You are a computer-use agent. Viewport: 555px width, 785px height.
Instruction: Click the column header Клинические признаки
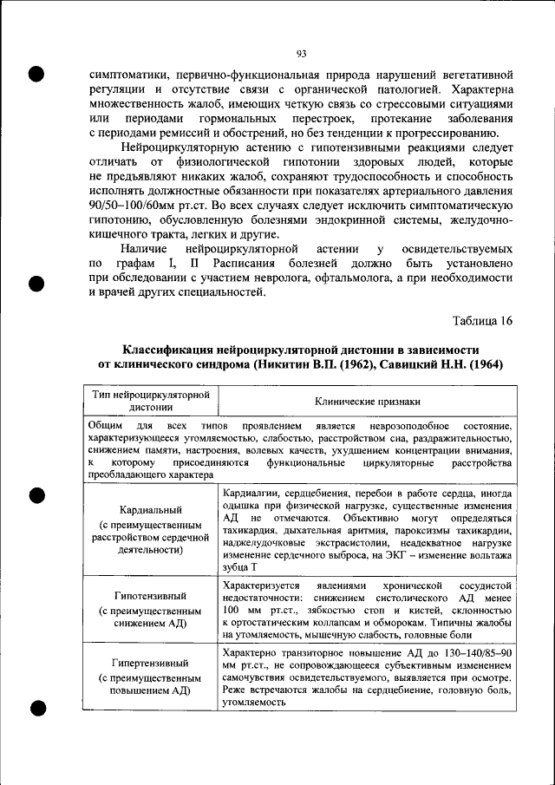[x=367, y=402]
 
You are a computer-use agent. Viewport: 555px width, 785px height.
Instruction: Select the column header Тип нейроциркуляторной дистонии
[x=152, y=401]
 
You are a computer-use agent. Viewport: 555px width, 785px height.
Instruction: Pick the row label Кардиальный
[x=152, y=510]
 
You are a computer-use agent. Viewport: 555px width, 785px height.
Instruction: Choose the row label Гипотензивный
[x=152, y=597]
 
